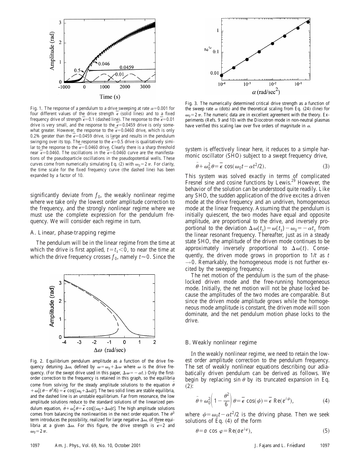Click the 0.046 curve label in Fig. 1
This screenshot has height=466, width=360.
coord(103,64)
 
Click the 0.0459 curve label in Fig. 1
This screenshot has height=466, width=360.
coord(131,66)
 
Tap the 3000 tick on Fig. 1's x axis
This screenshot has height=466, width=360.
coord(145,87)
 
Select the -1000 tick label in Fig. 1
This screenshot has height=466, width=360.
coord(65,87)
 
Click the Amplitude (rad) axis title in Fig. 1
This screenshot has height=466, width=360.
coord(50,52)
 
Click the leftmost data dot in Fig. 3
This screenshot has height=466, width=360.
coord(222,75)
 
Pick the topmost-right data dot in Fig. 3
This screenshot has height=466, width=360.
coord(308,22)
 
